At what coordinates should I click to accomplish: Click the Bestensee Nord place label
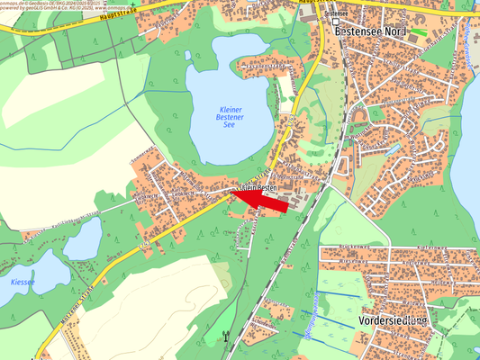(x=358, y=31)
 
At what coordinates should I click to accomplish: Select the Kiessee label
(x=23, y=282)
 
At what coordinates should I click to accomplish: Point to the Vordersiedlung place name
(x=392, y=319)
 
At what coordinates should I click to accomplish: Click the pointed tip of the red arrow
(x=232, y=193)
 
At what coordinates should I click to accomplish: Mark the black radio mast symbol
(x=226, y=339)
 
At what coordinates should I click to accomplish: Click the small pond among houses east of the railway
(x=389, y=147)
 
